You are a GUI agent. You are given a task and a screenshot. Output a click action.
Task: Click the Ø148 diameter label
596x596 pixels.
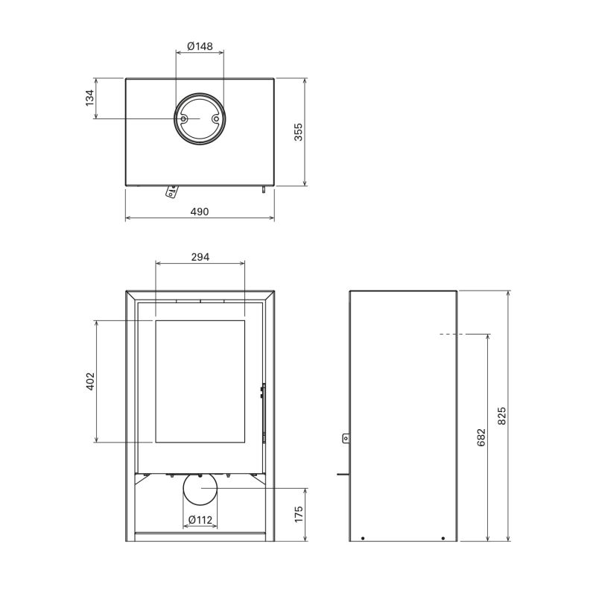[200, 46]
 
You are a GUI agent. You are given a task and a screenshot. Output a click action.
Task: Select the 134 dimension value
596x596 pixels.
[89, 98]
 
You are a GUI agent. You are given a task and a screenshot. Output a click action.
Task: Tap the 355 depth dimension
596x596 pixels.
[299, 132]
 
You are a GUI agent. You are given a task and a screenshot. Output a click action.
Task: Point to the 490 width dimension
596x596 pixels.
[200, 212]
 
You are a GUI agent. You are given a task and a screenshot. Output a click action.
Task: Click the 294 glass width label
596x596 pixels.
[200, 257]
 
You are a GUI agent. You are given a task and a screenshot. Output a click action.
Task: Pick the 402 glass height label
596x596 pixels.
[90, 381]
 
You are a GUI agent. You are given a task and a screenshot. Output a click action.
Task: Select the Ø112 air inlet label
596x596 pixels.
[200, 519]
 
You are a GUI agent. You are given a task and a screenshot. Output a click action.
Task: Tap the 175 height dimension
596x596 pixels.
[299, 514]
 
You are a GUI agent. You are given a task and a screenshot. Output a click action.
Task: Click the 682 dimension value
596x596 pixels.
[481, 437]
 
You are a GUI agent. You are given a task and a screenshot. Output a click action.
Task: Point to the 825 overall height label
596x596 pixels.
[501, 416]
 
